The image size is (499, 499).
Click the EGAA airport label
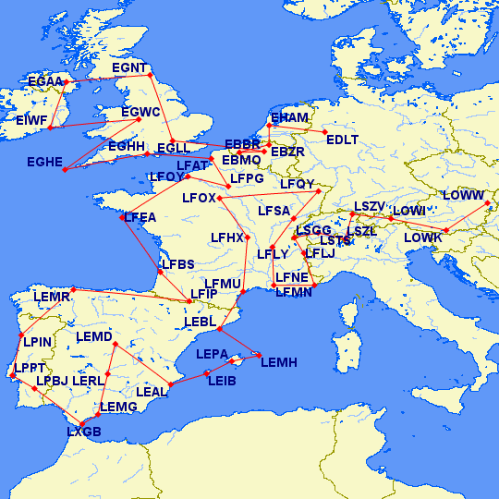pos(44,82)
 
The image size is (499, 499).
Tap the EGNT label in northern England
pos(128,68)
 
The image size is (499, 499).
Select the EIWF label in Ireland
pos(31,120)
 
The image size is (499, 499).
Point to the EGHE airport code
pos(43,162)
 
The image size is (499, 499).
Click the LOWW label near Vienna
pos(463,196)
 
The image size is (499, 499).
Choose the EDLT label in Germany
pos(342,140)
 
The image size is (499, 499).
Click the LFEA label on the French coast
pos(140,217)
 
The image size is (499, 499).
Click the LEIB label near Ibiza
pos(222,381)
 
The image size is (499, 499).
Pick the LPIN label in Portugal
pos(37,342)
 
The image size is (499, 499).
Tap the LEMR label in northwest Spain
pos(51,297)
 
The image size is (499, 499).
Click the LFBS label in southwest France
pos(178,264)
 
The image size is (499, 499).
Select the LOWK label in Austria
pos(423,238)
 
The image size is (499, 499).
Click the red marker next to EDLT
pos(325,132)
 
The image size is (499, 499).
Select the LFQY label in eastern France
pos(298,185)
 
